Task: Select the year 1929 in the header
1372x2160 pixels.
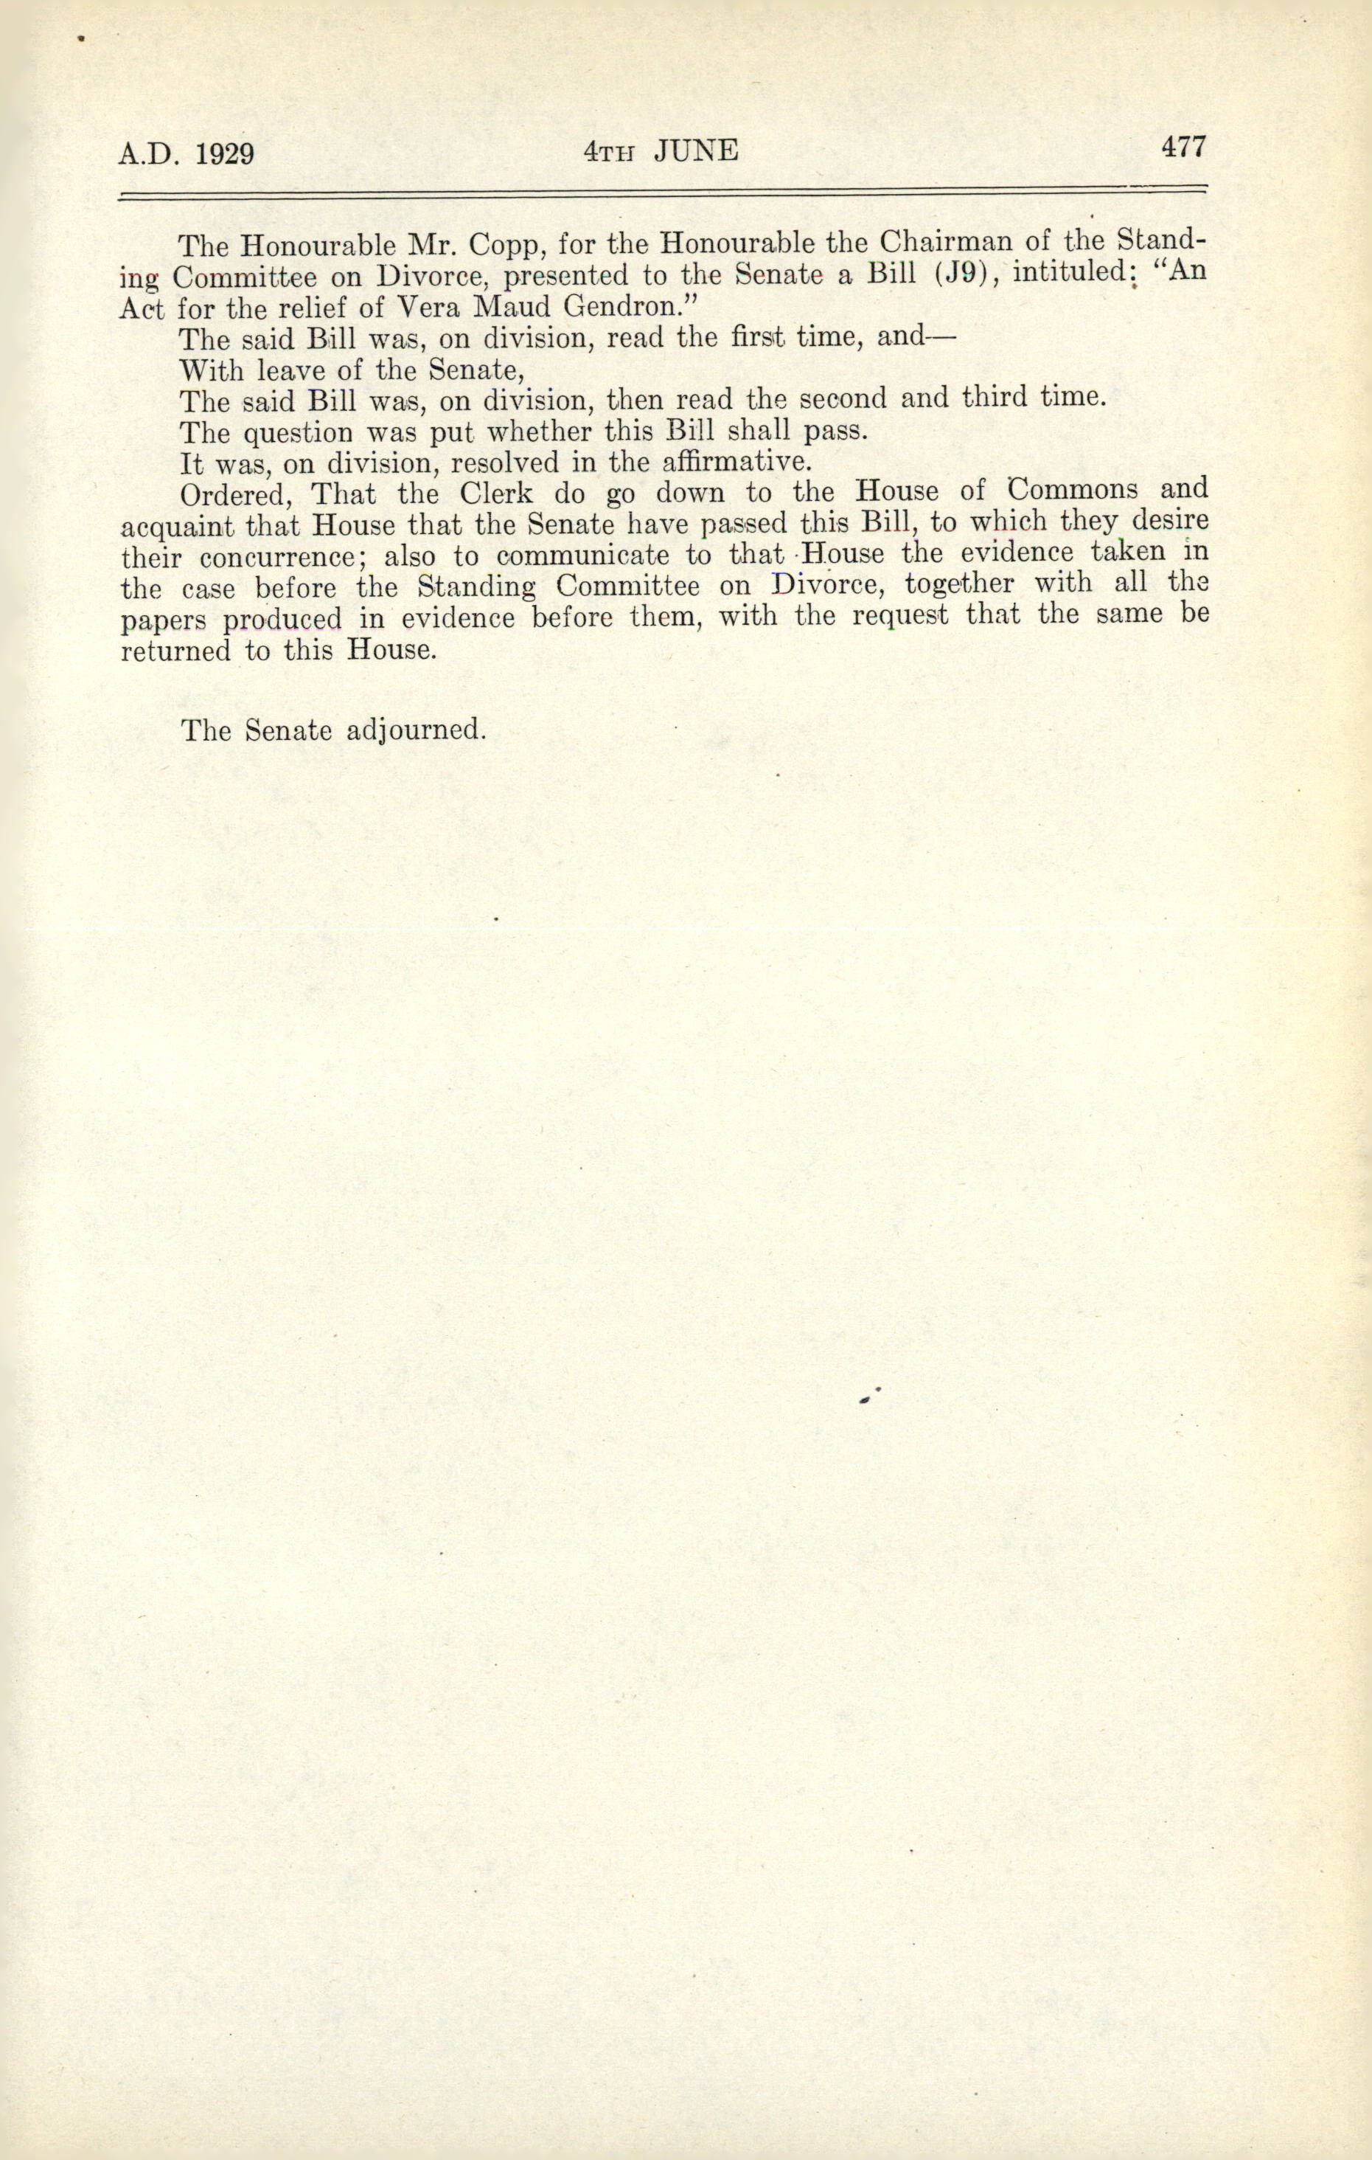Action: click(223, 154)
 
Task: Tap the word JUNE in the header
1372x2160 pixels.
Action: click(695, 150)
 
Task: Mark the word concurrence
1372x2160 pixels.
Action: click(279, 557)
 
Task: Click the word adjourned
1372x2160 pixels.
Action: click(415, 730)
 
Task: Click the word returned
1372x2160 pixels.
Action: click(175, 651)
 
